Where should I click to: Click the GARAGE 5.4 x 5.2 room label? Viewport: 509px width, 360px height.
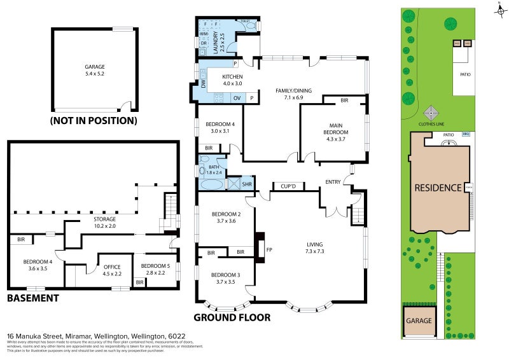[x=95, y=69]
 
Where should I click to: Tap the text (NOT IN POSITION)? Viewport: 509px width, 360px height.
[x=94, y=120]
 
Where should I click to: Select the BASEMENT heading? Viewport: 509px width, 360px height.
[x=32, y=298]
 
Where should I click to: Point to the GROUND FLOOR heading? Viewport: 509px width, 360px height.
[x=232, y=317]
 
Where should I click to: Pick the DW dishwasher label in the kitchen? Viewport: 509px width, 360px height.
[x=203, y=83]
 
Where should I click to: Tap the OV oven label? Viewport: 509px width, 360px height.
[x=236, y=98]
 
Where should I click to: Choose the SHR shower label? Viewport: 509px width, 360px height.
[x=247, y=185]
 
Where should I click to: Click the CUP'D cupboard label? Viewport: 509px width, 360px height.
[x=289, y=186]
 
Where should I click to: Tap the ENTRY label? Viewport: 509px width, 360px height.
[x=333, y=182]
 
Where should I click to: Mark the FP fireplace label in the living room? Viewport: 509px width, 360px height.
[x=269, y=250]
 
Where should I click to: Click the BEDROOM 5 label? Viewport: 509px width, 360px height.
[x=153, y=268]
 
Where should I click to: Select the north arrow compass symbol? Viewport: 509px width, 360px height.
[x=499, y=9]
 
